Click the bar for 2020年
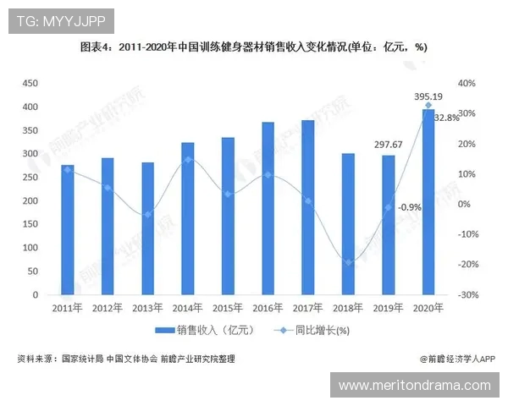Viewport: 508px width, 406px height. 428,203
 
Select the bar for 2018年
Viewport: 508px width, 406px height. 348,225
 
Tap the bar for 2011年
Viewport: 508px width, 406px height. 68,230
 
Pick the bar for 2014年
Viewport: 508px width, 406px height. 188,219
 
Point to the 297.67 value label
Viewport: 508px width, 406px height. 389,144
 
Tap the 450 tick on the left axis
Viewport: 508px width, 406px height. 30,83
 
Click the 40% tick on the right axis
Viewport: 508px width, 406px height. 468,83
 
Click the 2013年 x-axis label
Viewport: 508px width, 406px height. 148,308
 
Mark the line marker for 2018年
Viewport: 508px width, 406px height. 348,262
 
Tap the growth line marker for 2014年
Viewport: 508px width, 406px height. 188,159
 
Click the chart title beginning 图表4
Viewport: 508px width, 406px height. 253,47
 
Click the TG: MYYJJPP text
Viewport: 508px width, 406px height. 59,19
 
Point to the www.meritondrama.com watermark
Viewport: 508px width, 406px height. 415,386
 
